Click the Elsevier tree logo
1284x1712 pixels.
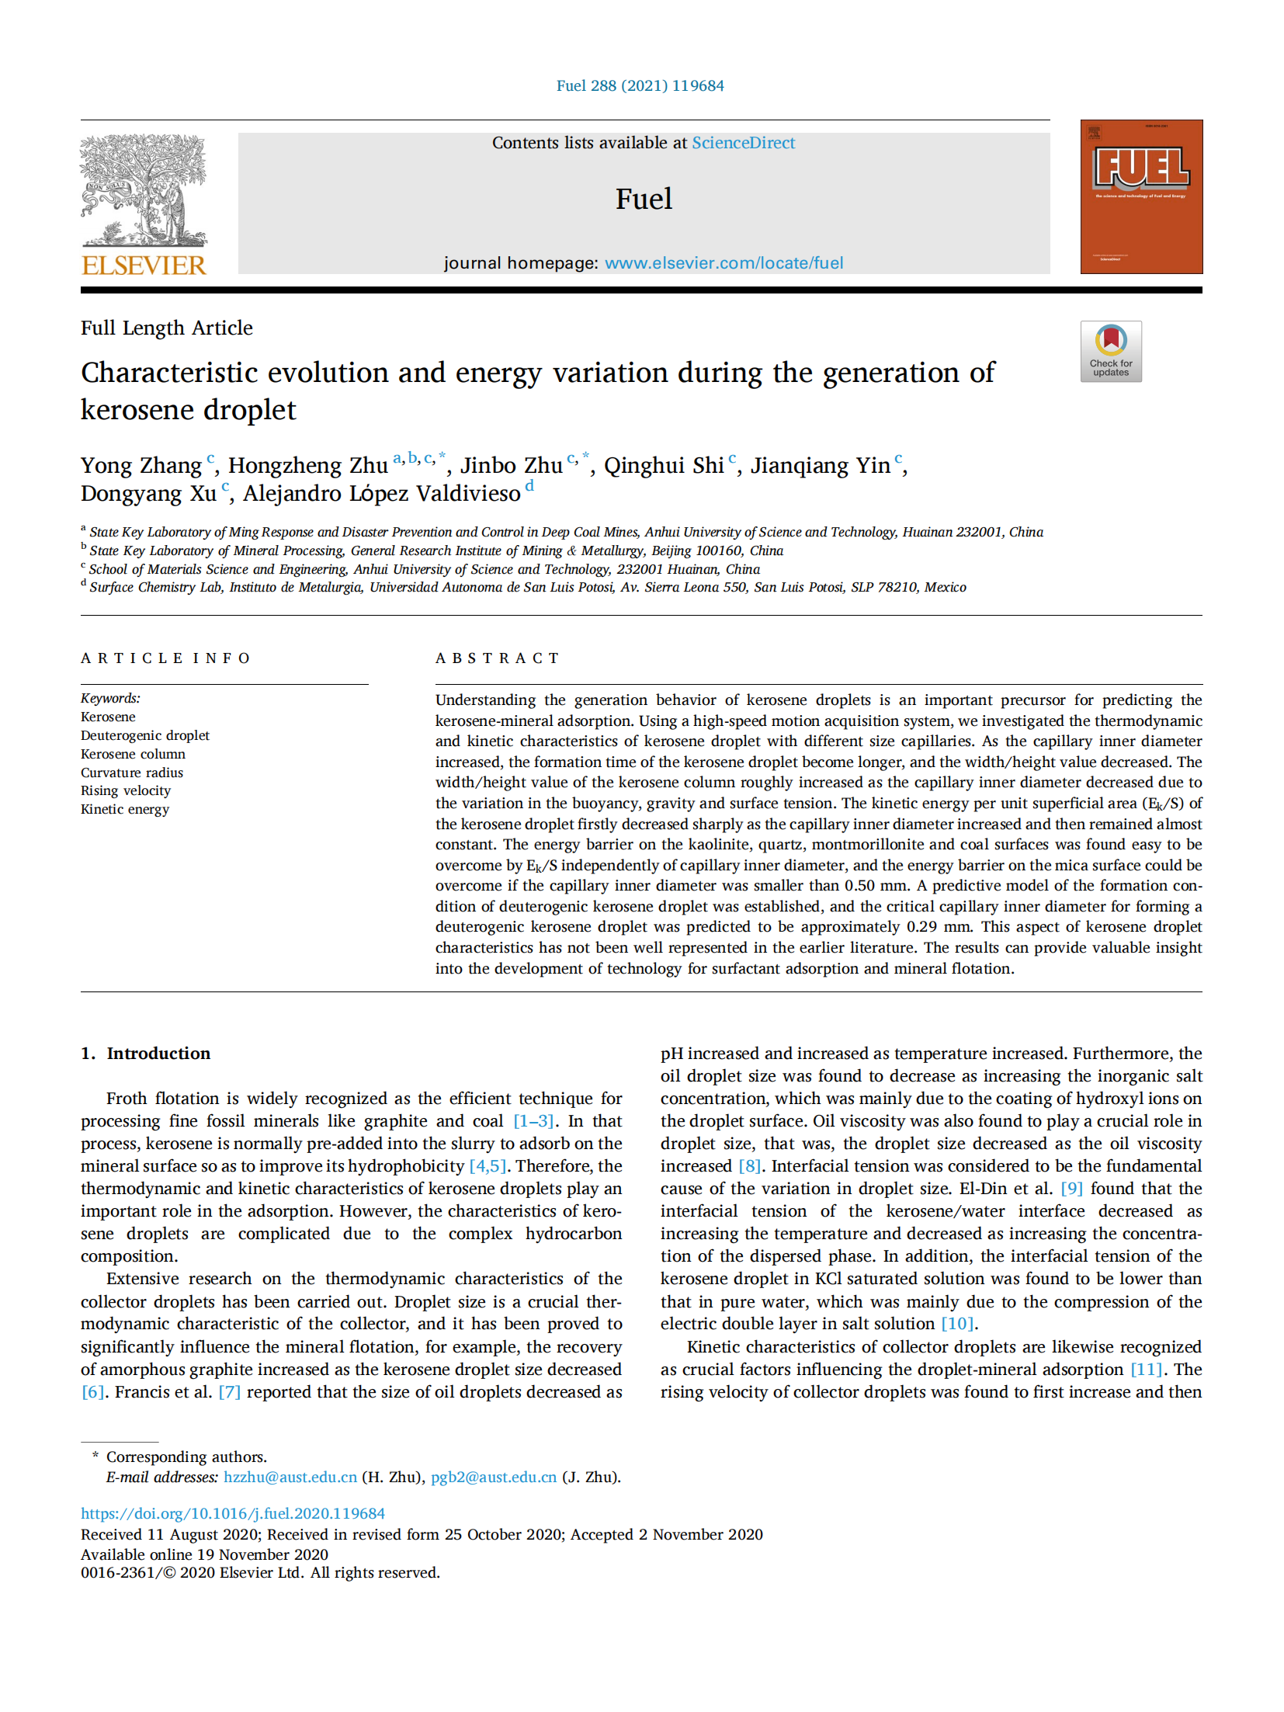pos(144,190)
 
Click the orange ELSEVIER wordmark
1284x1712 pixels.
pos(144,266)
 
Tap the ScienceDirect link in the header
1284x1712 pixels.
pos(743,143)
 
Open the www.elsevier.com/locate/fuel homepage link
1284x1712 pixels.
pos(724,263)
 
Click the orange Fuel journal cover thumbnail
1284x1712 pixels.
pos(1140,196)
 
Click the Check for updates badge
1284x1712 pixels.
pos(1110,351)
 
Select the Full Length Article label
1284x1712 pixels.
pos(167,328)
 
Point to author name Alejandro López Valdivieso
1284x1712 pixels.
pos(381,494)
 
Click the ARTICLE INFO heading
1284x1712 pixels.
pos(165,658)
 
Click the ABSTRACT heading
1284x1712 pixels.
pos(497,658)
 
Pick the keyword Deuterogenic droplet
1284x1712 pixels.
pos(145,735)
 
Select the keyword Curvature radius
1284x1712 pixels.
pos(132,773)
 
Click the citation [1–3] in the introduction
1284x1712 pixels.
pos(533,1121)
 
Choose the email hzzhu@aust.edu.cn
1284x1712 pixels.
pos(290,1478)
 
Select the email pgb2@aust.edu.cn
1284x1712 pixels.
pos(494,1478)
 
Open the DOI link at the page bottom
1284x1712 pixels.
pos(233,1513)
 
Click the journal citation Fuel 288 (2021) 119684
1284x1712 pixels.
pos(640,86)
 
